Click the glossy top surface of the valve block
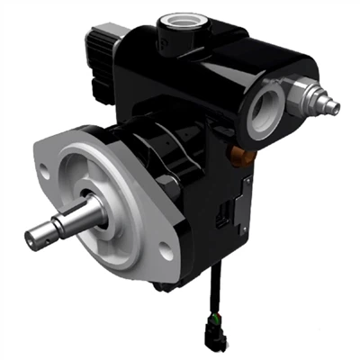click(x=225, y=45)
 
